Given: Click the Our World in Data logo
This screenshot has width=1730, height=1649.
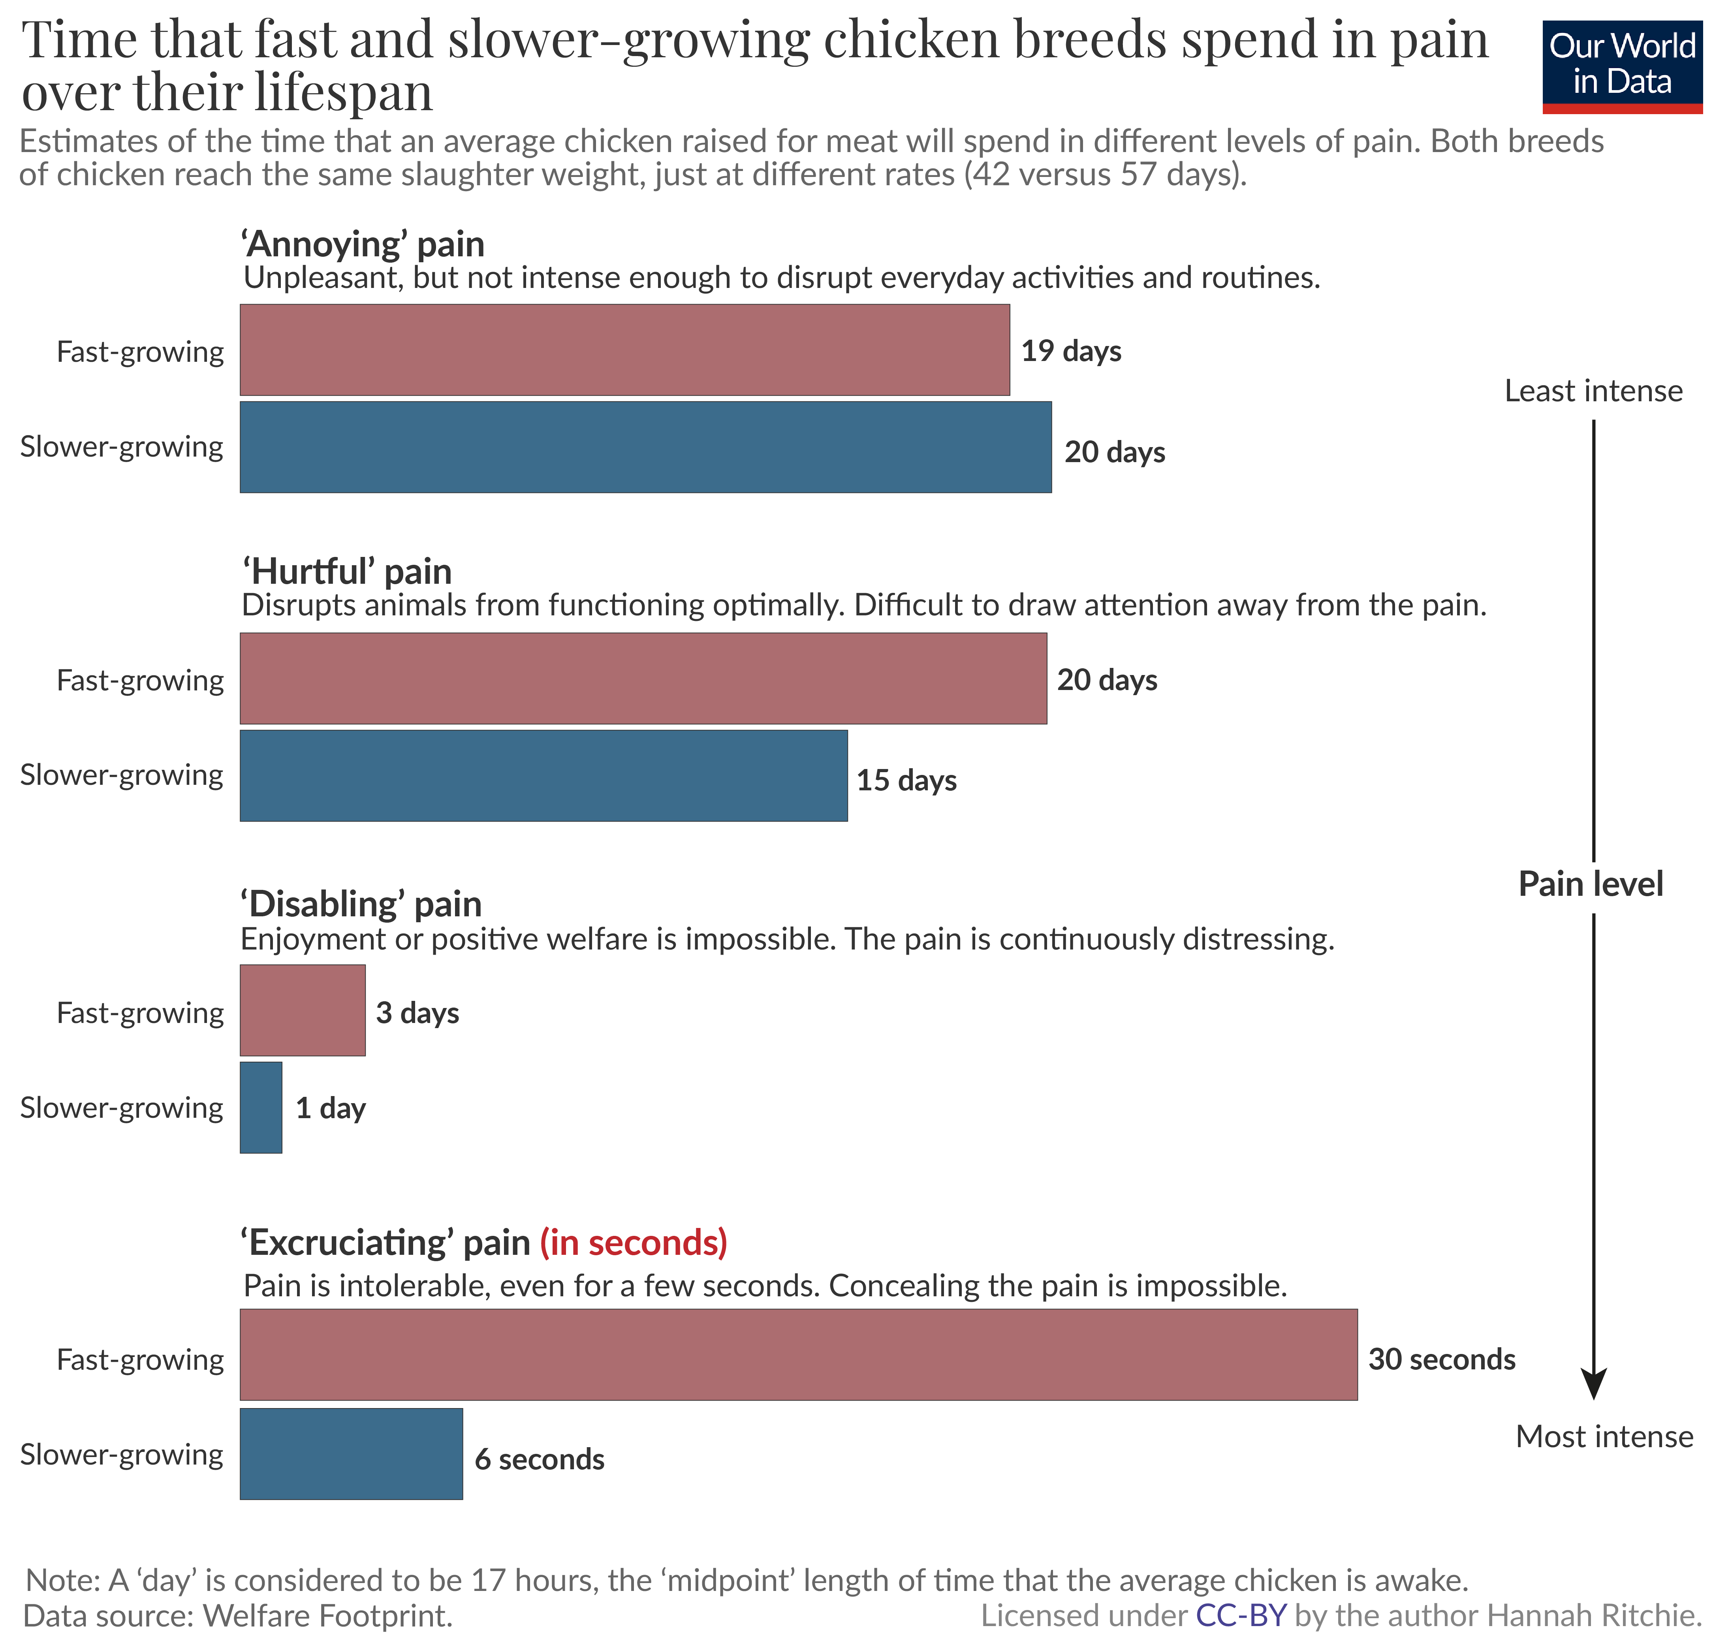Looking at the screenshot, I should click(1622, 66).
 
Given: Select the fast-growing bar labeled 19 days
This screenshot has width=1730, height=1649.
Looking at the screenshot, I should click(624, 350).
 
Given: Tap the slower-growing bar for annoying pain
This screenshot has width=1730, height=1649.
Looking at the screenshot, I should click(645, 448).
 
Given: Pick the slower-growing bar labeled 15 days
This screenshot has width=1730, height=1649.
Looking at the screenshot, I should click(543, 775).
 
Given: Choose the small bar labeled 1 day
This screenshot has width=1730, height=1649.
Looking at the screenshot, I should click(261, 1107).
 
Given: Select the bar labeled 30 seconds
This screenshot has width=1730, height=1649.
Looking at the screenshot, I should click(798, 1354).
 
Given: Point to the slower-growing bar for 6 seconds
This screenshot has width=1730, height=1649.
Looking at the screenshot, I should click(351, 1454).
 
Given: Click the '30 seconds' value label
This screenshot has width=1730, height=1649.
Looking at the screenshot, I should click(1442, 1360).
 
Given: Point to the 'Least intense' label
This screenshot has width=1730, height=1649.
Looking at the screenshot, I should click(1593, 391).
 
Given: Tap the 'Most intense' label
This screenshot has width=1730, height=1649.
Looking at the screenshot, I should click(1604, 1436).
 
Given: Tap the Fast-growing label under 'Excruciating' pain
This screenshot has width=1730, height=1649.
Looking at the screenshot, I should click(140, 1360).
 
